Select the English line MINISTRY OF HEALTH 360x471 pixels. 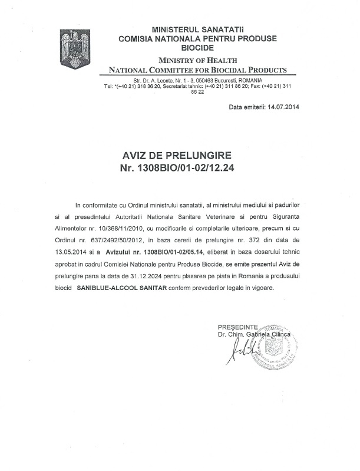[197, 60]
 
